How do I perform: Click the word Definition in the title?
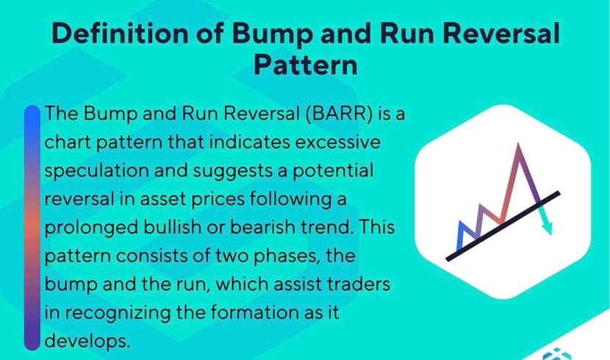[121, 33]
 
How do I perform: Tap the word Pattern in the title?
[306, 65]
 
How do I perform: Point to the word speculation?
[96, 171]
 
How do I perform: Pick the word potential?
[333, 171]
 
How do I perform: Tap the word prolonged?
[91, 228]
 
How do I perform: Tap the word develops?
[87, 342]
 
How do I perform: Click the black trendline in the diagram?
[503, 226]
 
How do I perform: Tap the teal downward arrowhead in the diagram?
[547, 228]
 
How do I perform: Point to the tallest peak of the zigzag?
[518, 145]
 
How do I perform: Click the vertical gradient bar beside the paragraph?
[32, 228]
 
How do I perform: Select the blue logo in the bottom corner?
[557, 354]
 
